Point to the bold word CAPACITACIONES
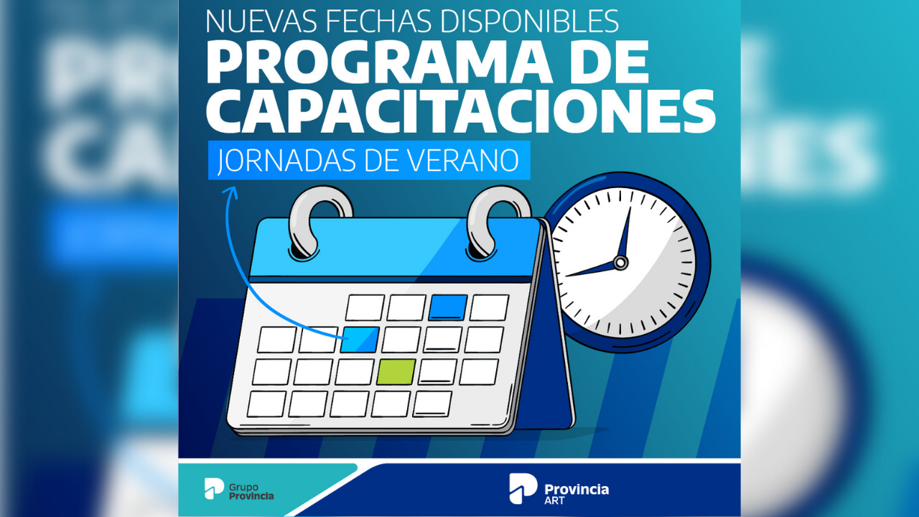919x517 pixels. (461, 111)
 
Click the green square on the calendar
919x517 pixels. (396, 372)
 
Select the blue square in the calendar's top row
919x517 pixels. (448, 307)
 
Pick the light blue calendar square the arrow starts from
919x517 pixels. (360, 340)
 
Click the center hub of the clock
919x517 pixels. (621, 262)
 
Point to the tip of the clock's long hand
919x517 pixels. (630, 208)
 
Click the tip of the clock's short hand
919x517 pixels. (566, 276)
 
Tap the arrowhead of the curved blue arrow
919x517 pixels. (232, 191)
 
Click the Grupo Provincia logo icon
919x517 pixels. (214, 488)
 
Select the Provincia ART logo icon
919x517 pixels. (523, 488)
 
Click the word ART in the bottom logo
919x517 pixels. (555, 500)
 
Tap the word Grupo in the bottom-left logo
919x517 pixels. (243, 488)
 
